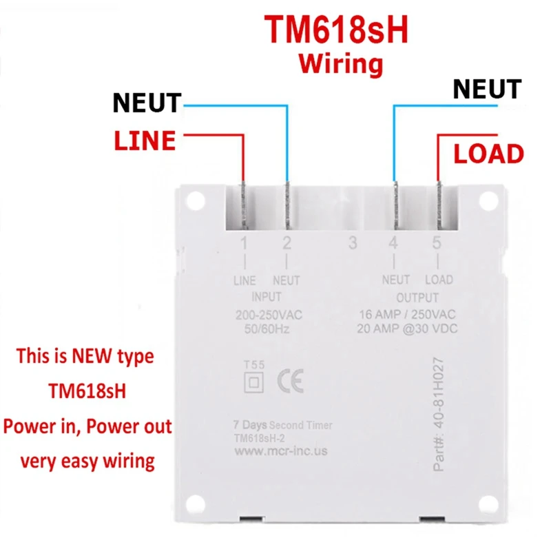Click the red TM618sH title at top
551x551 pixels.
[337, 30]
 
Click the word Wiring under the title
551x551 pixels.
[340, 64]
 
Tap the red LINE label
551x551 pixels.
[145, 141]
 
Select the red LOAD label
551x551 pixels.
[488, 154]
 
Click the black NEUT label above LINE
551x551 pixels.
[147, 104]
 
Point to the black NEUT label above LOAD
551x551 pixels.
[487, 89]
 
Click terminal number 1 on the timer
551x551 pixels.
[244, 242]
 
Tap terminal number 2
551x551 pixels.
[287, 242]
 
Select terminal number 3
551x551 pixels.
[353, 242]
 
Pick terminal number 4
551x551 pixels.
[393, 242]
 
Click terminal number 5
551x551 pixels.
[437, 242]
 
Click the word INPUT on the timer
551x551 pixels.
[266, 298]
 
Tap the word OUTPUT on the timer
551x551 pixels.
[417, 298]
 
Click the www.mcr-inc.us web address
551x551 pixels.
[281, 452]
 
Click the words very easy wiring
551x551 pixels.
[87, 459]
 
